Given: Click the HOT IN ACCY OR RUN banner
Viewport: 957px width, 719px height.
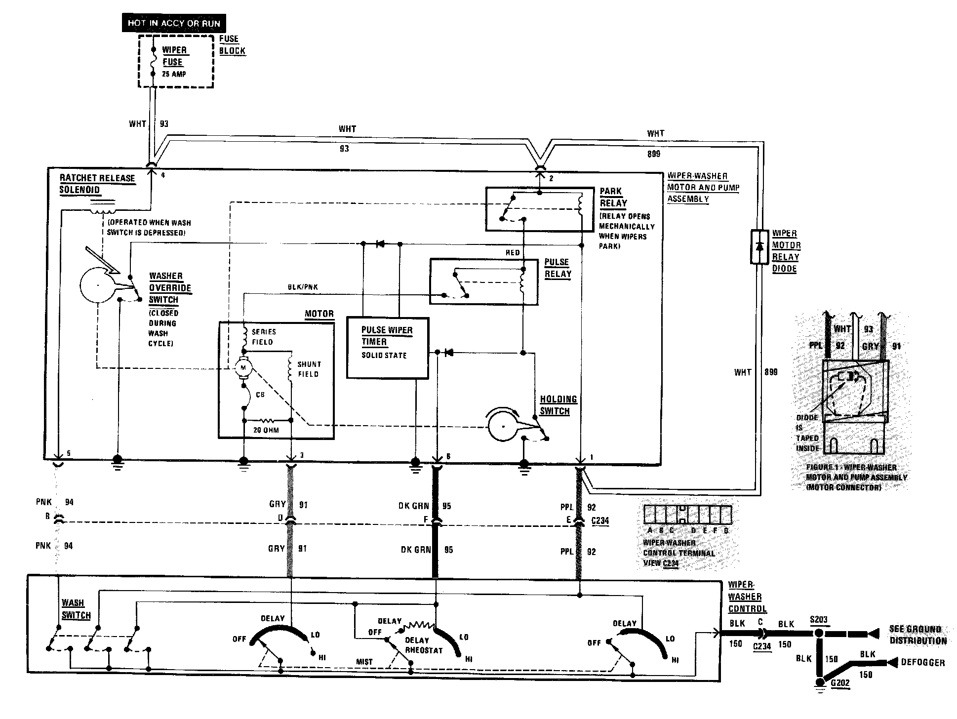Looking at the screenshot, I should click(x=173, y=23).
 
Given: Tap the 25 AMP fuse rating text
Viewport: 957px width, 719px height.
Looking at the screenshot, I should click(x=174, y=74).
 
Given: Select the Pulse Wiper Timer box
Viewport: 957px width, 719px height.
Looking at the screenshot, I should click(x=387, y=348).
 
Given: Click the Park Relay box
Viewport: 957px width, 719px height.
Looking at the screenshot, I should click(x=539, y=209).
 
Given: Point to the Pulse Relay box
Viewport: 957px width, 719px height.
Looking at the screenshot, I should click(x=483, y=281).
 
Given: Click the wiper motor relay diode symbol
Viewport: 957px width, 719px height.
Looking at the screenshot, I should click(x=760, y=246).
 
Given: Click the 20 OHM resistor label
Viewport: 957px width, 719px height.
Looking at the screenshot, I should click(x=266, y=430).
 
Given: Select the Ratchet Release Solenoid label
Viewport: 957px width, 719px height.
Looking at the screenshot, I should click(x=97, y=184).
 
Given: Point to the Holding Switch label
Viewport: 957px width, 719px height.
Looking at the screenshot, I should click(x=558, y=405).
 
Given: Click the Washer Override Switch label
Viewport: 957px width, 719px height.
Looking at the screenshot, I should click(x=169, y=288).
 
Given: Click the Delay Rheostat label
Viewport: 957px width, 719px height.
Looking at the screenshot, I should click(x=423, y=645).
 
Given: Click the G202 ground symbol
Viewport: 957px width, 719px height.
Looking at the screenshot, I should click(x=820, y=684).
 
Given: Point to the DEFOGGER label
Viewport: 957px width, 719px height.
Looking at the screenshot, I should click(x=922, y=663).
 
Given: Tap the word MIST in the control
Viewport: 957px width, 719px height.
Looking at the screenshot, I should click(x=364, y=662).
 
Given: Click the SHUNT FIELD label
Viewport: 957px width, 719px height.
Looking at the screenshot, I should click(x=309, y=369).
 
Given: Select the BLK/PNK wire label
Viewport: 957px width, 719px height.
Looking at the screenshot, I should click(x=303, y=287).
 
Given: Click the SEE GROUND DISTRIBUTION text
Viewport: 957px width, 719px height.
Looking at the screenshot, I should click(x=918, y=635).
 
